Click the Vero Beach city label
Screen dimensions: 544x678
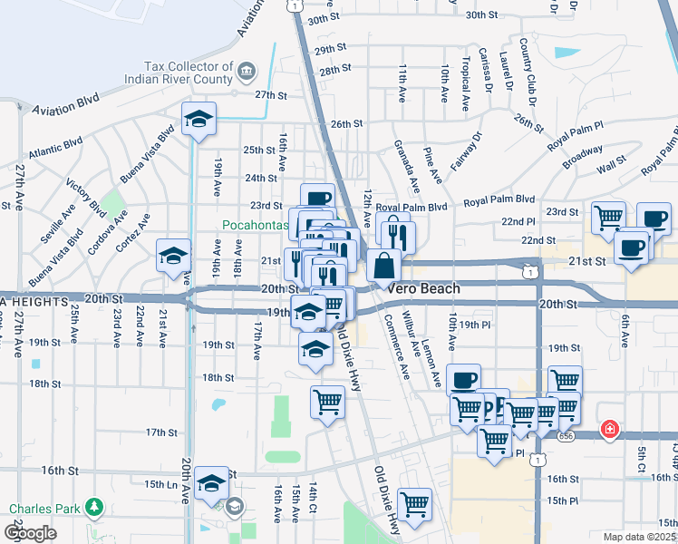[x=423, y=288]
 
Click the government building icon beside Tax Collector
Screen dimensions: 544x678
[x=246, y=70]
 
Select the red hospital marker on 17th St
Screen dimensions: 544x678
[x=610, y=429]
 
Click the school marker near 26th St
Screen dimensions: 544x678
[x=199, y=120]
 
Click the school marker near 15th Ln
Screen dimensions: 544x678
[x=211, y=484]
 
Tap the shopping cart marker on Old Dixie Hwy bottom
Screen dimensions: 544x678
[x=414, y=504]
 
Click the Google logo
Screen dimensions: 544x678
[x=30, y=532]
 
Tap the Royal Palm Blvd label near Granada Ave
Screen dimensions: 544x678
[x=418, y=207]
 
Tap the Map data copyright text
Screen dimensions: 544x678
[x=639, y=537]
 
